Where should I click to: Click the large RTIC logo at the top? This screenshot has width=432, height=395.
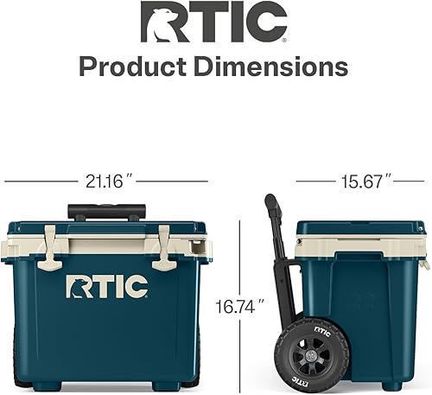[x=214, y=24]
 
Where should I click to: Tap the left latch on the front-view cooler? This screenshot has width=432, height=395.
[x=51, y=247]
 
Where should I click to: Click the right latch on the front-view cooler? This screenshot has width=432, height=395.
[x=163, y=247]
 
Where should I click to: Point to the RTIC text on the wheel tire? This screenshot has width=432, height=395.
[x=322, y=331]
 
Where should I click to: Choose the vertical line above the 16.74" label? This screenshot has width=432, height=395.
[x=238, y=255]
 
